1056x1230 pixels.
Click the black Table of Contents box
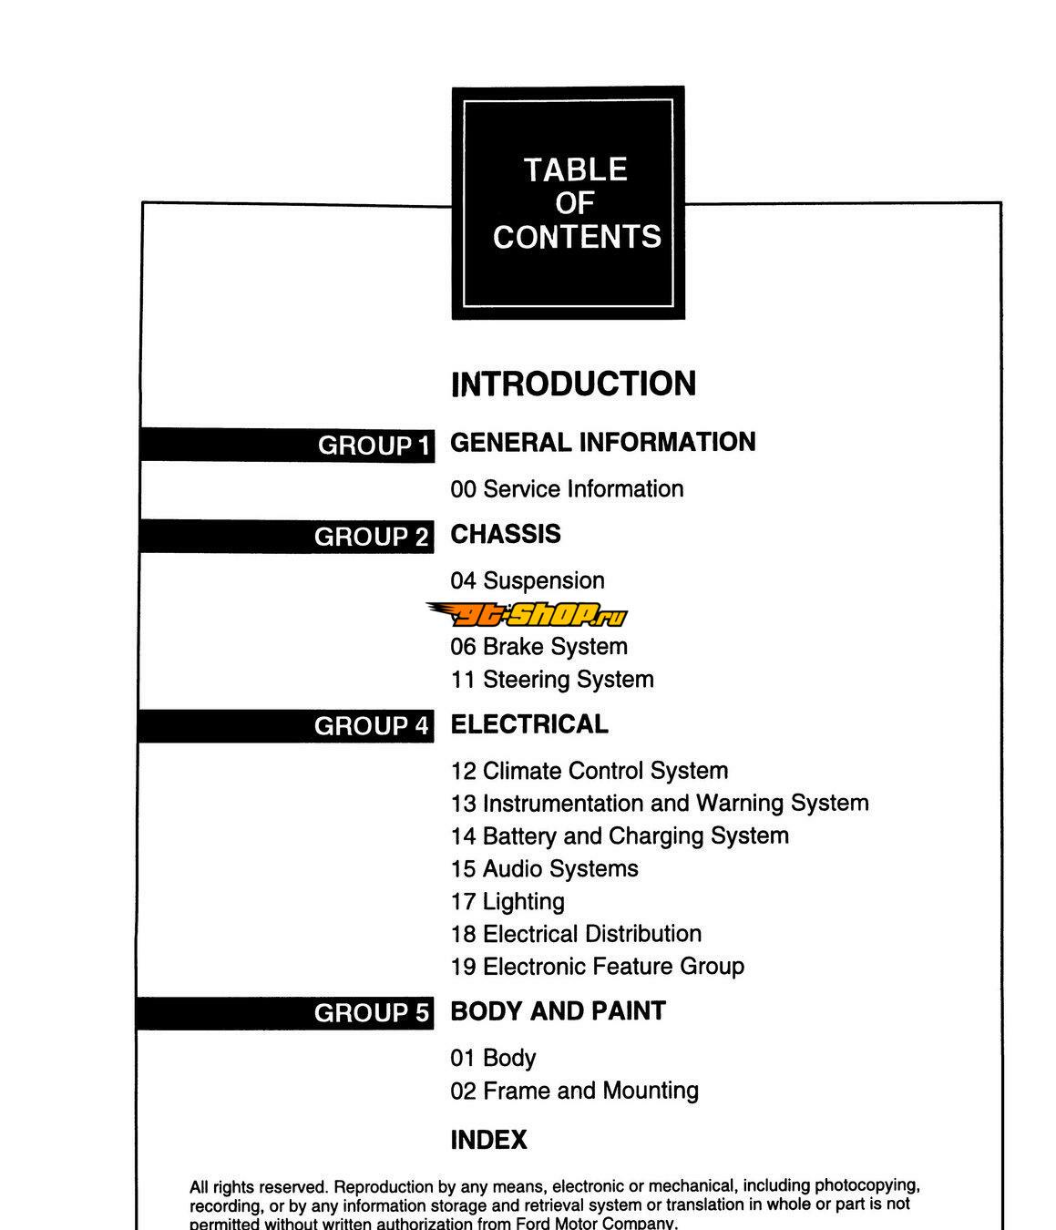tap(569, 203)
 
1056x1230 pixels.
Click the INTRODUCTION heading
tap(573, 384)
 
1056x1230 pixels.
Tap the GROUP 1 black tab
tap(287, 445)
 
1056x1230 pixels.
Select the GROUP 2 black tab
tap(286, 536)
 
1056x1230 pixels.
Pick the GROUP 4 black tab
tap(285, 725)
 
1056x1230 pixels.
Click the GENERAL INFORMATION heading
tap(603, 442)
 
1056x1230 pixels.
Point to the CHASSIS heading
tap(506, 534)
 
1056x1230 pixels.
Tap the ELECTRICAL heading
tap(529, 724)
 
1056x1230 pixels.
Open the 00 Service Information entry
tap(567, 489)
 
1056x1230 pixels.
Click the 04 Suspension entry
tap(528, 580)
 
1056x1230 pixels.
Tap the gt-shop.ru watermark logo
tap(528, 614)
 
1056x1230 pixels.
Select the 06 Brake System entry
tap(539, 647)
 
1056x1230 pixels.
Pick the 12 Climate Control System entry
tap(590, 771)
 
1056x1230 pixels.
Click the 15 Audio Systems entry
tap(544, 869)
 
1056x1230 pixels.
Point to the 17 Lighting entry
tap(507, 902)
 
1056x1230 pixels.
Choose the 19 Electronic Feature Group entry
tap(598, 967)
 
